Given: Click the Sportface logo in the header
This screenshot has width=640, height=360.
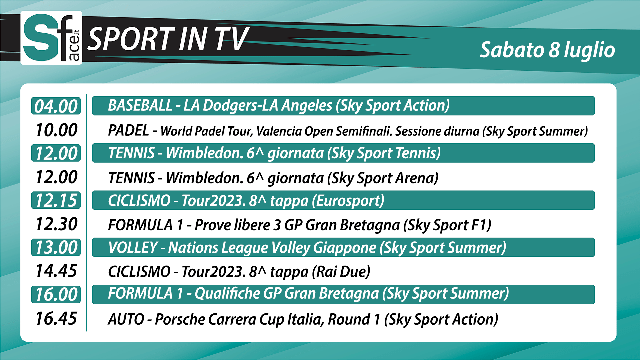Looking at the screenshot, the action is click(51, 38).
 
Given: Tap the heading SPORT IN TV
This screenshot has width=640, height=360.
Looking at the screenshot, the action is click(168, 39).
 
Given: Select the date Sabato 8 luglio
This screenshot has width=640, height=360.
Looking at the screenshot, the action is click(547, 50).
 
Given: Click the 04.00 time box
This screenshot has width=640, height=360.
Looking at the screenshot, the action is click(56, 106).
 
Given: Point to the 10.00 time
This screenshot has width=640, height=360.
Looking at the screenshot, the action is click(56, 130).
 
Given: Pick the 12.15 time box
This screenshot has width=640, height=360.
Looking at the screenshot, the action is click(56, 200).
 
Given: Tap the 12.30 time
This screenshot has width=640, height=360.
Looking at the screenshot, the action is click(56, 224).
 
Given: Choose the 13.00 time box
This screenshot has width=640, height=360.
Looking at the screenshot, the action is click(56, 247).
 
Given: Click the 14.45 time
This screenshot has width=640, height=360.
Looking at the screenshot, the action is click(56, 271).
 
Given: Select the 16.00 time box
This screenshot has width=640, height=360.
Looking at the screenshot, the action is click(56, 294).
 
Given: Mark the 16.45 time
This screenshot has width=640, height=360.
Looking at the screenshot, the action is click(56, 318).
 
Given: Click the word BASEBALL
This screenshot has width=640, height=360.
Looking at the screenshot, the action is click(140, 106).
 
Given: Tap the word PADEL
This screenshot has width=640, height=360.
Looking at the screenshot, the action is click(128, 130).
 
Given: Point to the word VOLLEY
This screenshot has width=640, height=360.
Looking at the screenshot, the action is click(133, 248).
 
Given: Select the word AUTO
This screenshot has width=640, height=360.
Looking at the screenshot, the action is click(126, 319).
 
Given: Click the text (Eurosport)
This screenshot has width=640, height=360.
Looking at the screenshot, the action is click(348, 201).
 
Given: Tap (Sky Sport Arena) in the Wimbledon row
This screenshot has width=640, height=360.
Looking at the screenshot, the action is click(383, 178).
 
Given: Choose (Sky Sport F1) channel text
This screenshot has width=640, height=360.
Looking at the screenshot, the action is click(447, 225).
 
